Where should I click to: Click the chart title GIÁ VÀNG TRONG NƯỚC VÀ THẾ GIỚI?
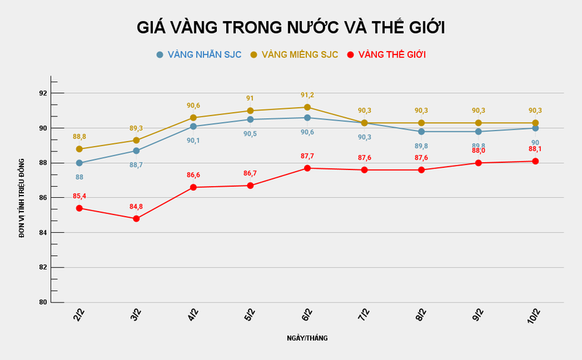tap(291, 28)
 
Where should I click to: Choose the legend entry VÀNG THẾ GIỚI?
tap(386, 55)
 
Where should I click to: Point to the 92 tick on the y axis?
tap(42, 93)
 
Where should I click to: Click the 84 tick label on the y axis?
tap(42, 233)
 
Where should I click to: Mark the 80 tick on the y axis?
tap(42, 303)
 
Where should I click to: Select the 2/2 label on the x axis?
tap(78, 314)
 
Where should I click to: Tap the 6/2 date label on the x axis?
tap(306, 314)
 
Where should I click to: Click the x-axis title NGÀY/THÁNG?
tap(306, 338)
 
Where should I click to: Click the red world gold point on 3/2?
tap(136, 218)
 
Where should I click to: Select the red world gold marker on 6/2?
tap(308, 168)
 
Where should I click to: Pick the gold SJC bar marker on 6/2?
tap(308, 107)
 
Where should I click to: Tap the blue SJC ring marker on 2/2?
tap(79, 163)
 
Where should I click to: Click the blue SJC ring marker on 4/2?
tap(193, 126)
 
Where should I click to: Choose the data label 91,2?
tap(308, 95)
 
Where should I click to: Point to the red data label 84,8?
tap(136, 207)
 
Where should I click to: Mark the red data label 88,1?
tap(535, 149)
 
